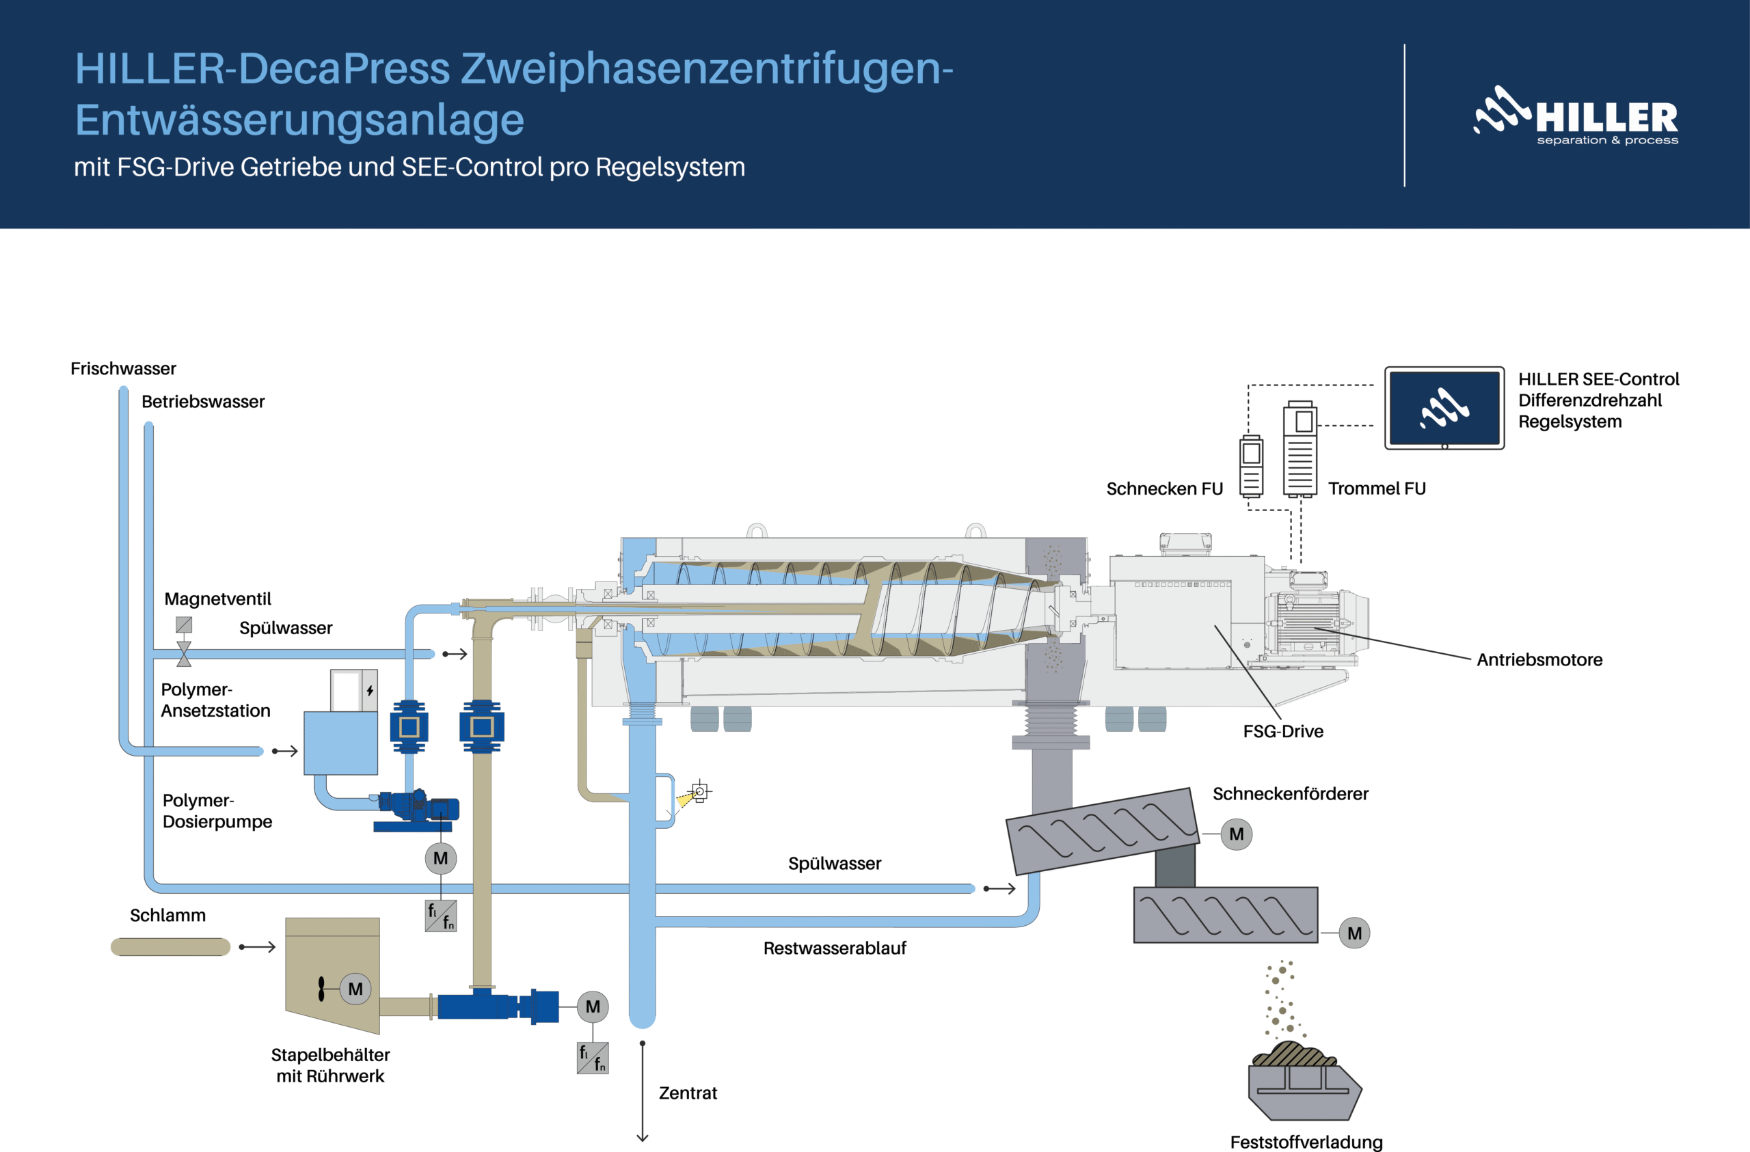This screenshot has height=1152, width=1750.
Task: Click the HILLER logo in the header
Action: point(1576,116)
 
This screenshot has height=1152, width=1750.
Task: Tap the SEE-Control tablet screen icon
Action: point(1444,408)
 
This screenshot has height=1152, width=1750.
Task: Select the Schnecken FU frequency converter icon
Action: point(1252,466)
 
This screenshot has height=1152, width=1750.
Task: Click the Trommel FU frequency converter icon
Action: point(1300,449)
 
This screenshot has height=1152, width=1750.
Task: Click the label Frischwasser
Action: point(123,368)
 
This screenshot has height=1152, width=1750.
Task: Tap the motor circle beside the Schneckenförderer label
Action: point(1236,834)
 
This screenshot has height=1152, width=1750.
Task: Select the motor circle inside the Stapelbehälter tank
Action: point(355,989)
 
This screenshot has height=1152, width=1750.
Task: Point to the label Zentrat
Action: point(688,1093)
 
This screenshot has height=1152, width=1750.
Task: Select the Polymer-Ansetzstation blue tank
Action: point(340,743)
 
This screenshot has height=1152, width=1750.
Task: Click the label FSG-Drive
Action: point(1283,732)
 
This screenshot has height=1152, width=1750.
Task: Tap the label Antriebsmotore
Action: point(1539,659)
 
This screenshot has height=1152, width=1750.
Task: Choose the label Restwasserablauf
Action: point(835,948)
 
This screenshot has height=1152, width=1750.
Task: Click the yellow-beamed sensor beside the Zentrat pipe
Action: point(699,792)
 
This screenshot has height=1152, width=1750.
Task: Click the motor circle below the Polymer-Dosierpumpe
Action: point(440,859)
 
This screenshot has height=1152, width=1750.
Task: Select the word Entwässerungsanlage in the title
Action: point(299,120)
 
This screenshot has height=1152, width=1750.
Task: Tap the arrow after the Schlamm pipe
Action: point(258,947)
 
